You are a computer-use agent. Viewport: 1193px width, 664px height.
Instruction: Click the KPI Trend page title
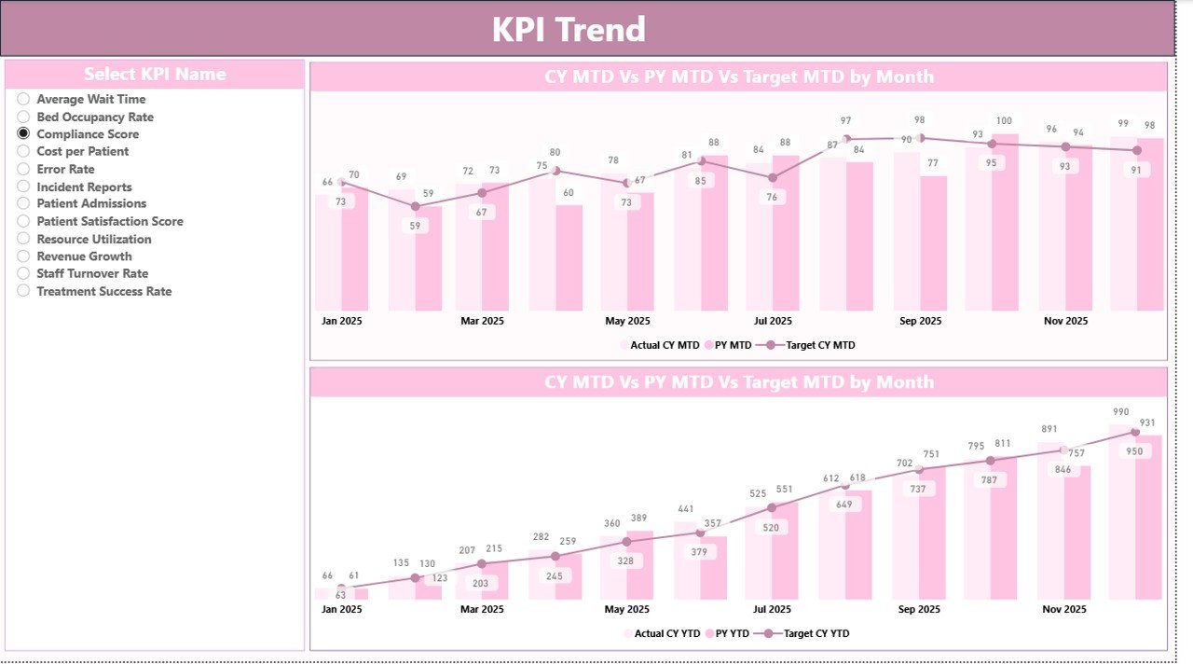point(569,30)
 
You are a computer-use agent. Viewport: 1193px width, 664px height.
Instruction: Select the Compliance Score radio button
point(23,134)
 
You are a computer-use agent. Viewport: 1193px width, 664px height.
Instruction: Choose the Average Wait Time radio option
point(23,99)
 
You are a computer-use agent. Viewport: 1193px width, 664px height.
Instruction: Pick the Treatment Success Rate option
point(23,291)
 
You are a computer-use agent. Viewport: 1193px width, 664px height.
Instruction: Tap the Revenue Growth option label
point(84,256)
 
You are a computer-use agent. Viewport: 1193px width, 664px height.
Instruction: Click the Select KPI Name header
point(155,75)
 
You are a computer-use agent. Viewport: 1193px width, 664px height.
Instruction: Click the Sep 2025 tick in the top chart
point(920,321)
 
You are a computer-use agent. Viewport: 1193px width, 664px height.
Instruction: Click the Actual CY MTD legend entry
point(664,345)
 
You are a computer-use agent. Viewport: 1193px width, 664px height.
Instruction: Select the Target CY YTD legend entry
point(816,633)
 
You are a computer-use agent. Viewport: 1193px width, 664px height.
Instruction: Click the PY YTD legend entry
point(733,633)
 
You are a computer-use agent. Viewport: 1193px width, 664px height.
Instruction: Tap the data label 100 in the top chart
point(1004,121)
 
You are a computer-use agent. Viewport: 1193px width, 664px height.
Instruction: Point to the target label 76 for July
point(773,197)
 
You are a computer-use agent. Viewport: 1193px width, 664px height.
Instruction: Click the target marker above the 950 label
point(1135,432)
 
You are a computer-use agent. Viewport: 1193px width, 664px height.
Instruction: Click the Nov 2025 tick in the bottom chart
point(1064,609)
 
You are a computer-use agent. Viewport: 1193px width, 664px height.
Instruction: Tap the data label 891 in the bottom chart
point(1049,429)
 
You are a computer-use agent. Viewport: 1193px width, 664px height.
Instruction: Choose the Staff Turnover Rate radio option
point(23,273)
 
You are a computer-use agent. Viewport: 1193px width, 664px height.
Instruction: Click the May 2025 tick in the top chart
point(627,321)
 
